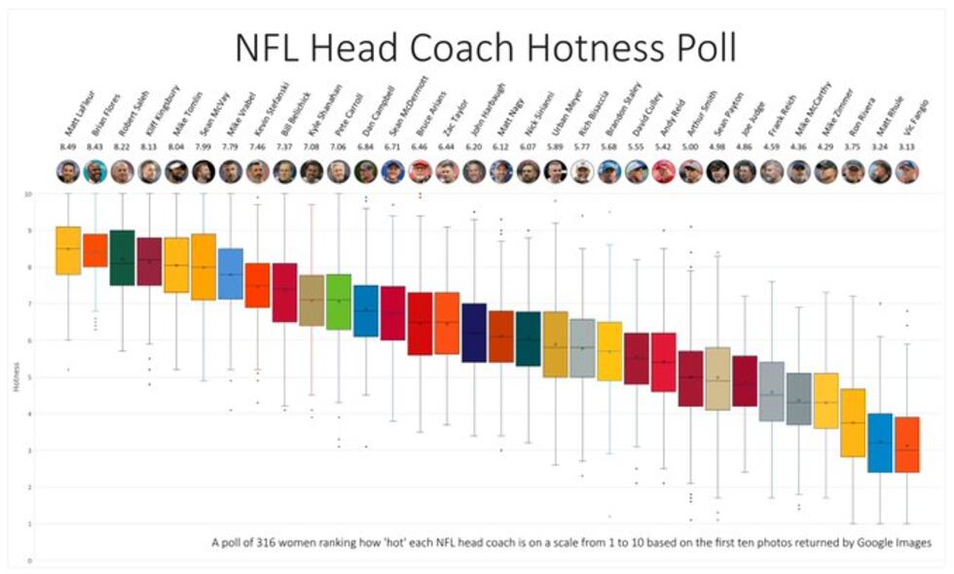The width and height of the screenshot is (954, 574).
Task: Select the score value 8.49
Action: point(67,149)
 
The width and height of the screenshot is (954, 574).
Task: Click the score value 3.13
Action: point(906,149)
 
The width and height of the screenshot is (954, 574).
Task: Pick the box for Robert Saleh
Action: point(122,258)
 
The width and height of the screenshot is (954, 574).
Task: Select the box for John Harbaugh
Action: point(474,333)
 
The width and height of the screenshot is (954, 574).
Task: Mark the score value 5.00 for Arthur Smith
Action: point(689,149)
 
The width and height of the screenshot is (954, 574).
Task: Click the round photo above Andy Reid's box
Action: point(663,172)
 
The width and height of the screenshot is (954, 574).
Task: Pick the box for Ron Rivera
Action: point(853,422)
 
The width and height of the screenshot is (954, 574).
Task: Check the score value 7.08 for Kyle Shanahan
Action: point(312,149)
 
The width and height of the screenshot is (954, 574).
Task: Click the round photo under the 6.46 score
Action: point(420,172)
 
